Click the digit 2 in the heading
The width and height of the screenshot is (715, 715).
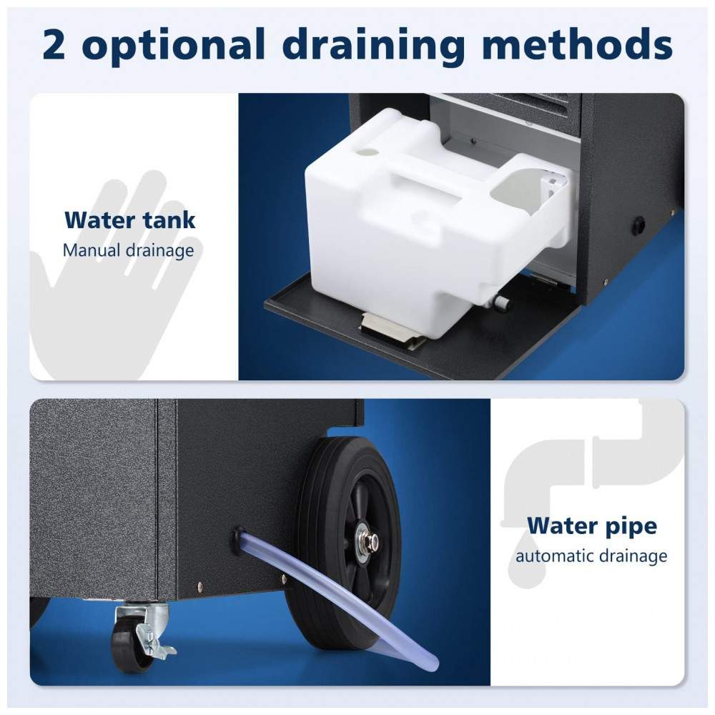[x=54, y=44]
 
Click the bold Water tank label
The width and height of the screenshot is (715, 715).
[x=130, y=220]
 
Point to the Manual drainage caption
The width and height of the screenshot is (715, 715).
[x=128, y=251]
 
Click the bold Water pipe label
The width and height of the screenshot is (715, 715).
[x=592, y=526]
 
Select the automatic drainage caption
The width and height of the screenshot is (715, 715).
[x=591, y=556]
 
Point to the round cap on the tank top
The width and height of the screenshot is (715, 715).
[x=368, y=153]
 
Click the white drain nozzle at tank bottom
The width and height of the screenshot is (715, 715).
[x=502, y=302]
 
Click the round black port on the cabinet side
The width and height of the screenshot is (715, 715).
[x=638, y=225]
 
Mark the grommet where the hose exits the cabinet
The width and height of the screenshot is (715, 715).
[x=239, y=540]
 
